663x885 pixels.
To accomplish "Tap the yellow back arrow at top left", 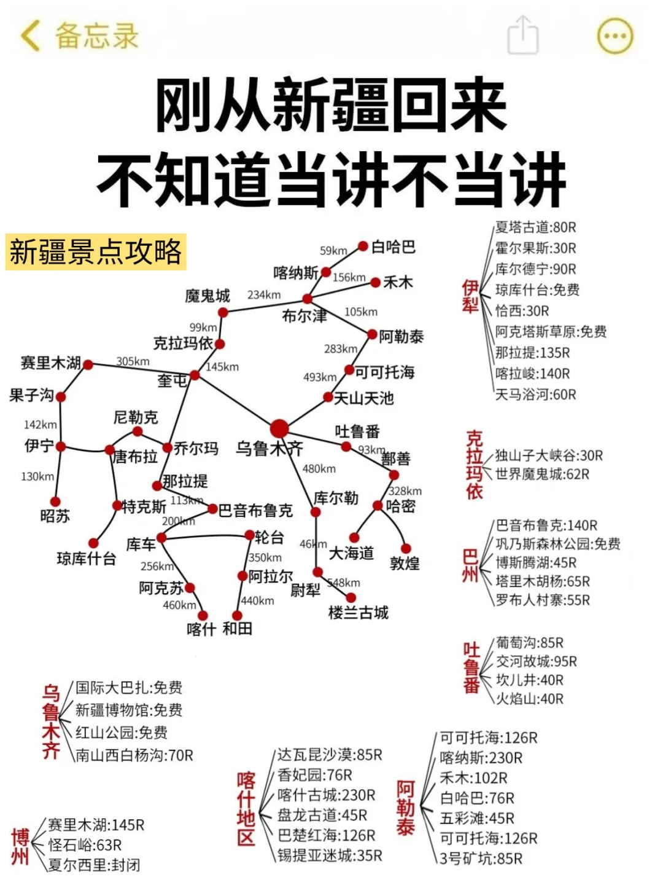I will point(30,35).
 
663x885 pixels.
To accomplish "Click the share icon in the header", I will point(522,35).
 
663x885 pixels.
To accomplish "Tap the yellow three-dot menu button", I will point(615,36).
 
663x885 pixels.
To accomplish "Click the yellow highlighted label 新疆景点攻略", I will point(96,252).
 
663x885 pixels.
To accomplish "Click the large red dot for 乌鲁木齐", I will point(279,428).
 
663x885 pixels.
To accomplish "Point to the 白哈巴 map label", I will point(394,247).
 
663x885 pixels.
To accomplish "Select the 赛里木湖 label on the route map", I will point(50,363).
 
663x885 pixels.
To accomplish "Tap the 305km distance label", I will point(133,361).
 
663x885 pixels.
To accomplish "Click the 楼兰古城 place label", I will point(359,613).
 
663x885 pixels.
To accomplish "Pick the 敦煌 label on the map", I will point(405,563).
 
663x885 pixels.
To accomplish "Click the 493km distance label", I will point(320,377).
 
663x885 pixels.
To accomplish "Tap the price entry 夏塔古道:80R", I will point(536,227).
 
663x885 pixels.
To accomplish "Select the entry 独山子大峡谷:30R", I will point(549,455).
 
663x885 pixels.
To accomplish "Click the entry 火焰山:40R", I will point(529,699).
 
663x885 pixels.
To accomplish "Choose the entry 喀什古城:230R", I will point(326,795).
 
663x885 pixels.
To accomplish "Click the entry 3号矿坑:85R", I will point(481,859).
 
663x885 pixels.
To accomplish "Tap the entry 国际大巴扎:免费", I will point(129,688).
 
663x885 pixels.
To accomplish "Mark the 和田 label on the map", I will point(238,629).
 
